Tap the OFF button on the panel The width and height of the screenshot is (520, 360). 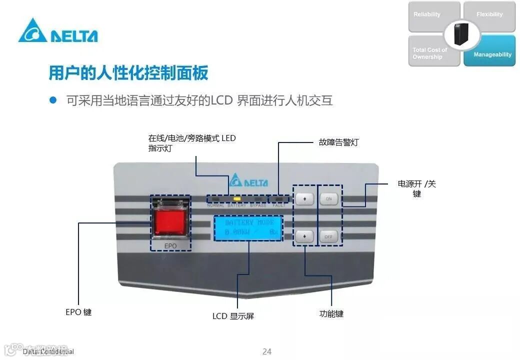329,236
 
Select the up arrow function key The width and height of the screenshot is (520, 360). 304,199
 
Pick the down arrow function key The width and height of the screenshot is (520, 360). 304,236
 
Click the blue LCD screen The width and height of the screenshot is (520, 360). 248,228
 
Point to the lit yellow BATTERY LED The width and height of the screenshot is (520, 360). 237,199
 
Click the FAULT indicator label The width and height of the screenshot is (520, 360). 279,205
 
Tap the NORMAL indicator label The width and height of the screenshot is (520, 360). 215,205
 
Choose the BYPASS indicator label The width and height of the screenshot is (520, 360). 258,205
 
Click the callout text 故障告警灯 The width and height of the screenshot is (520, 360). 338,142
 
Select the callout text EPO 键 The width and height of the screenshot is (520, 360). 78,312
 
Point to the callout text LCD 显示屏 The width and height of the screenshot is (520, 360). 233,316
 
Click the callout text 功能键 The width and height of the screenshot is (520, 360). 331,314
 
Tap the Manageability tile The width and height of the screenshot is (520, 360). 492,54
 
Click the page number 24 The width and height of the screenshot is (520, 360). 267,351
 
